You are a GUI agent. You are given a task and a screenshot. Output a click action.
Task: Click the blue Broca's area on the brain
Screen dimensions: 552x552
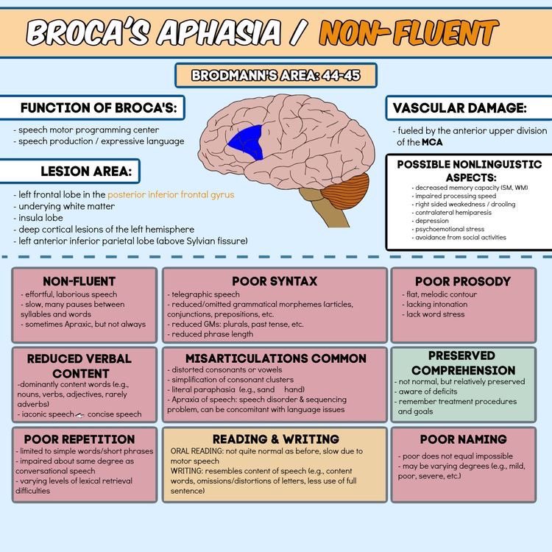pyautogui.click(x=247, y=142)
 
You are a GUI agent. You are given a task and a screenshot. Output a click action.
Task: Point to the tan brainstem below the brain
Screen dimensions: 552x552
pyautogui.click(x=323, y=207)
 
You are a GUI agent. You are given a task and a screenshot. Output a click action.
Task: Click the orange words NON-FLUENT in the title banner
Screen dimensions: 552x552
pyautogui.click(x=408, y=33)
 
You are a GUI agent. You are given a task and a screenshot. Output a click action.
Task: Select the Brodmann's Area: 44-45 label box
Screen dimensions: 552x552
pyautogui.click(x=276, y=75)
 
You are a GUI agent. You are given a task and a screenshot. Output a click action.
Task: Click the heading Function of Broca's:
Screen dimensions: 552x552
pyautogui.click(x=99, y=107)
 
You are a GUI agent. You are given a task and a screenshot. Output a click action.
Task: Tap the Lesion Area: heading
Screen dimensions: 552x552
pyautogui.click(x=86, y=171)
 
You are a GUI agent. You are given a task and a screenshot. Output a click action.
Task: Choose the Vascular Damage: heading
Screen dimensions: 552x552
pyautogui.click(x=459, y=108)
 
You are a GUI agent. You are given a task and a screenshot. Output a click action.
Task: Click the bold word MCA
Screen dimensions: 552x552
pyautogui.click(x=432, y=142)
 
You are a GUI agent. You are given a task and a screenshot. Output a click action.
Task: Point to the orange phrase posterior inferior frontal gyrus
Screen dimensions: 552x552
pyautogui.click(x=171, y=195)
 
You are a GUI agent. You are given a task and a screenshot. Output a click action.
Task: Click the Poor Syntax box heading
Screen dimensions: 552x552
pyautogui.click(x=275, y=281)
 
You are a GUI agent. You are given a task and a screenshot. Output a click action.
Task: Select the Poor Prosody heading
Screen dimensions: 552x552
pyautogui.click(x=463, y=282)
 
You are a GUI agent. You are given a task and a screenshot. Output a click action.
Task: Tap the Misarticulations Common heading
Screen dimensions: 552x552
pyautogui.click(x=276, y=358)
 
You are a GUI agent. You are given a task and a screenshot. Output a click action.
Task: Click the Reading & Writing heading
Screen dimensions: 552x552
pyautogui.click(x=276, y=439)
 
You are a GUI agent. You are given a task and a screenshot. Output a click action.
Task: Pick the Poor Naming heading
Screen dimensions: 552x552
pyautogui.click(x=463, y=439)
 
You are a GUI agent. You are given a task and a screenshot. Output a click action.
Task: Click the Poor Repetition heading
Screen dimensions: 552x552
pyautogui.click(x=79, y=439)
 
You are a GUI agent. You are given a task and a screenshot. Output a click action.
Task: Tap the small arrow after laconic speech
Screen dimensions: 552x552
pyautogui.click(x=80, y=415)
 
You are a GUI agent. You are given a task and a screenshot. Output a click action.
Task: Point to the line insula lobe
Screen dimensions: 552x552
pyautogui.click(x=38, y=218)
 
